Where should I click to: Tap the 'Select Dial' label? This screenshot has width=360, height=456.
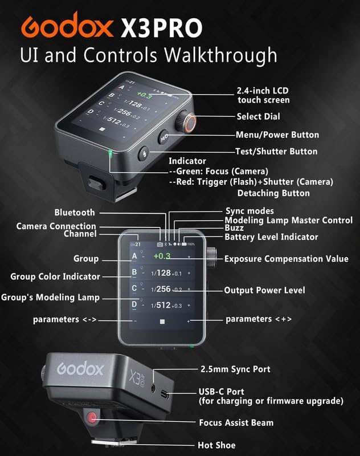coord(258,117)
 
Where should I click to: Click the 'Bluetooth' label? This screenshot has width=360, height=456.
coord(75,213)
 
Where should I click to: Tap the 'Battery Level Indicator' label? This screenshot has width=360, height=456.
coord(271,237)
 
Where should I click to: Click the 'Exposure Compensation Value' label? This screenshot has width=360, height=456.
coord(286,259)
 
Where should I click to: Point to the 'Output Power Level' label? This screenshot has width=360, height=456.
coord(264,291)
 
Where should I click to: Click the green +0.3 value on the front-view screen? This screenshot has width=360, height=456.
coord(162,256)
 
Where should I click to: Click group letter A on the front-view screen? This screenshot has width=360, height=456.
coord(134,256)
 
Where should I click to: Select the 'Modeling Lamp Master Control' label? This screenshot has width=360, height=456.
coord(288,220)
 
